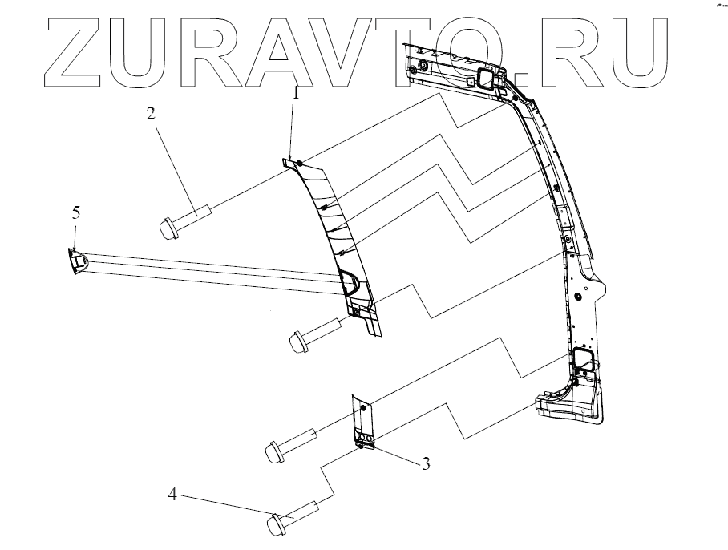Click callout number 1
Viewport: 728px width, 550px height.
[296, 93]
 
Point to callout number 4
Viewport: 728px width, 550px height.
[172, 495]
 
